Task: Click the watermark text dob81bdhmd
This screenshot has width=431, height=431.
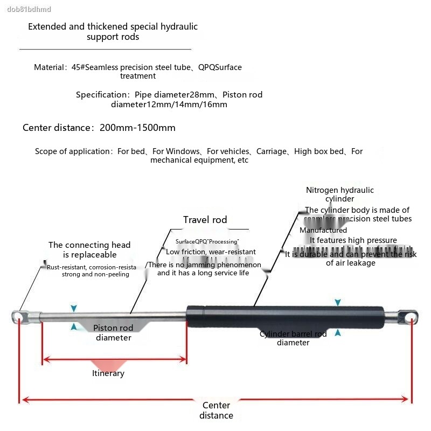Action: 26,9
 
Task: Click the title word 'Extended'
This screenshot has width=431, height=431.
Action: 47,26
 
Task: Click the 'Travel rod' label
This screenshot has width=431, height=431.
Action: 205,220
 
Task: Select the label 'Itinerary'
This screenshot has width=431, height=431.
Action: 108,373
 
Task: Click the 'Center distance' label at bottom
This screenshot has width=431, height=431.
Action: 216,411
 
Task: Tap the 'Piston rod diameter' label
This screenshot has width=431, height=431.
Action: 113,333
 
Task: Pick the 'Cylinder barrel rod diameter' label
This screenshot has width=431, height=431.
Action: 293,338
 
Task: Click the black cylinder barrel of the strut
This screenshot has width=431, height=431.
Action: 286,316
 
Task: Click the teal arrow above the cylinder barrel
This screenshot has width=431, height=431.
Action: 338,303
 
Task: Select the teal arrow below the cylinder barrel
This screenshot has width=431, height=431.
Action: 338,333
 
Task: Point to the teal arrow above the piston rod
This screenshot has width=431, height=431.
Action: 74,308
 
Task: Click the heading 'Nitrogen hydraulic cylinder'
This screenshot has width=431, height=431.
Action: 339,194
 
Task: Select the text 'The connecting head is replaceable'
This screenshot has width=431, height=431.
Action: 89,250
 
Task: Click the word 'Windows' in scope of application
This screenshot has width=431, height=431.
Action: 183,151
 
